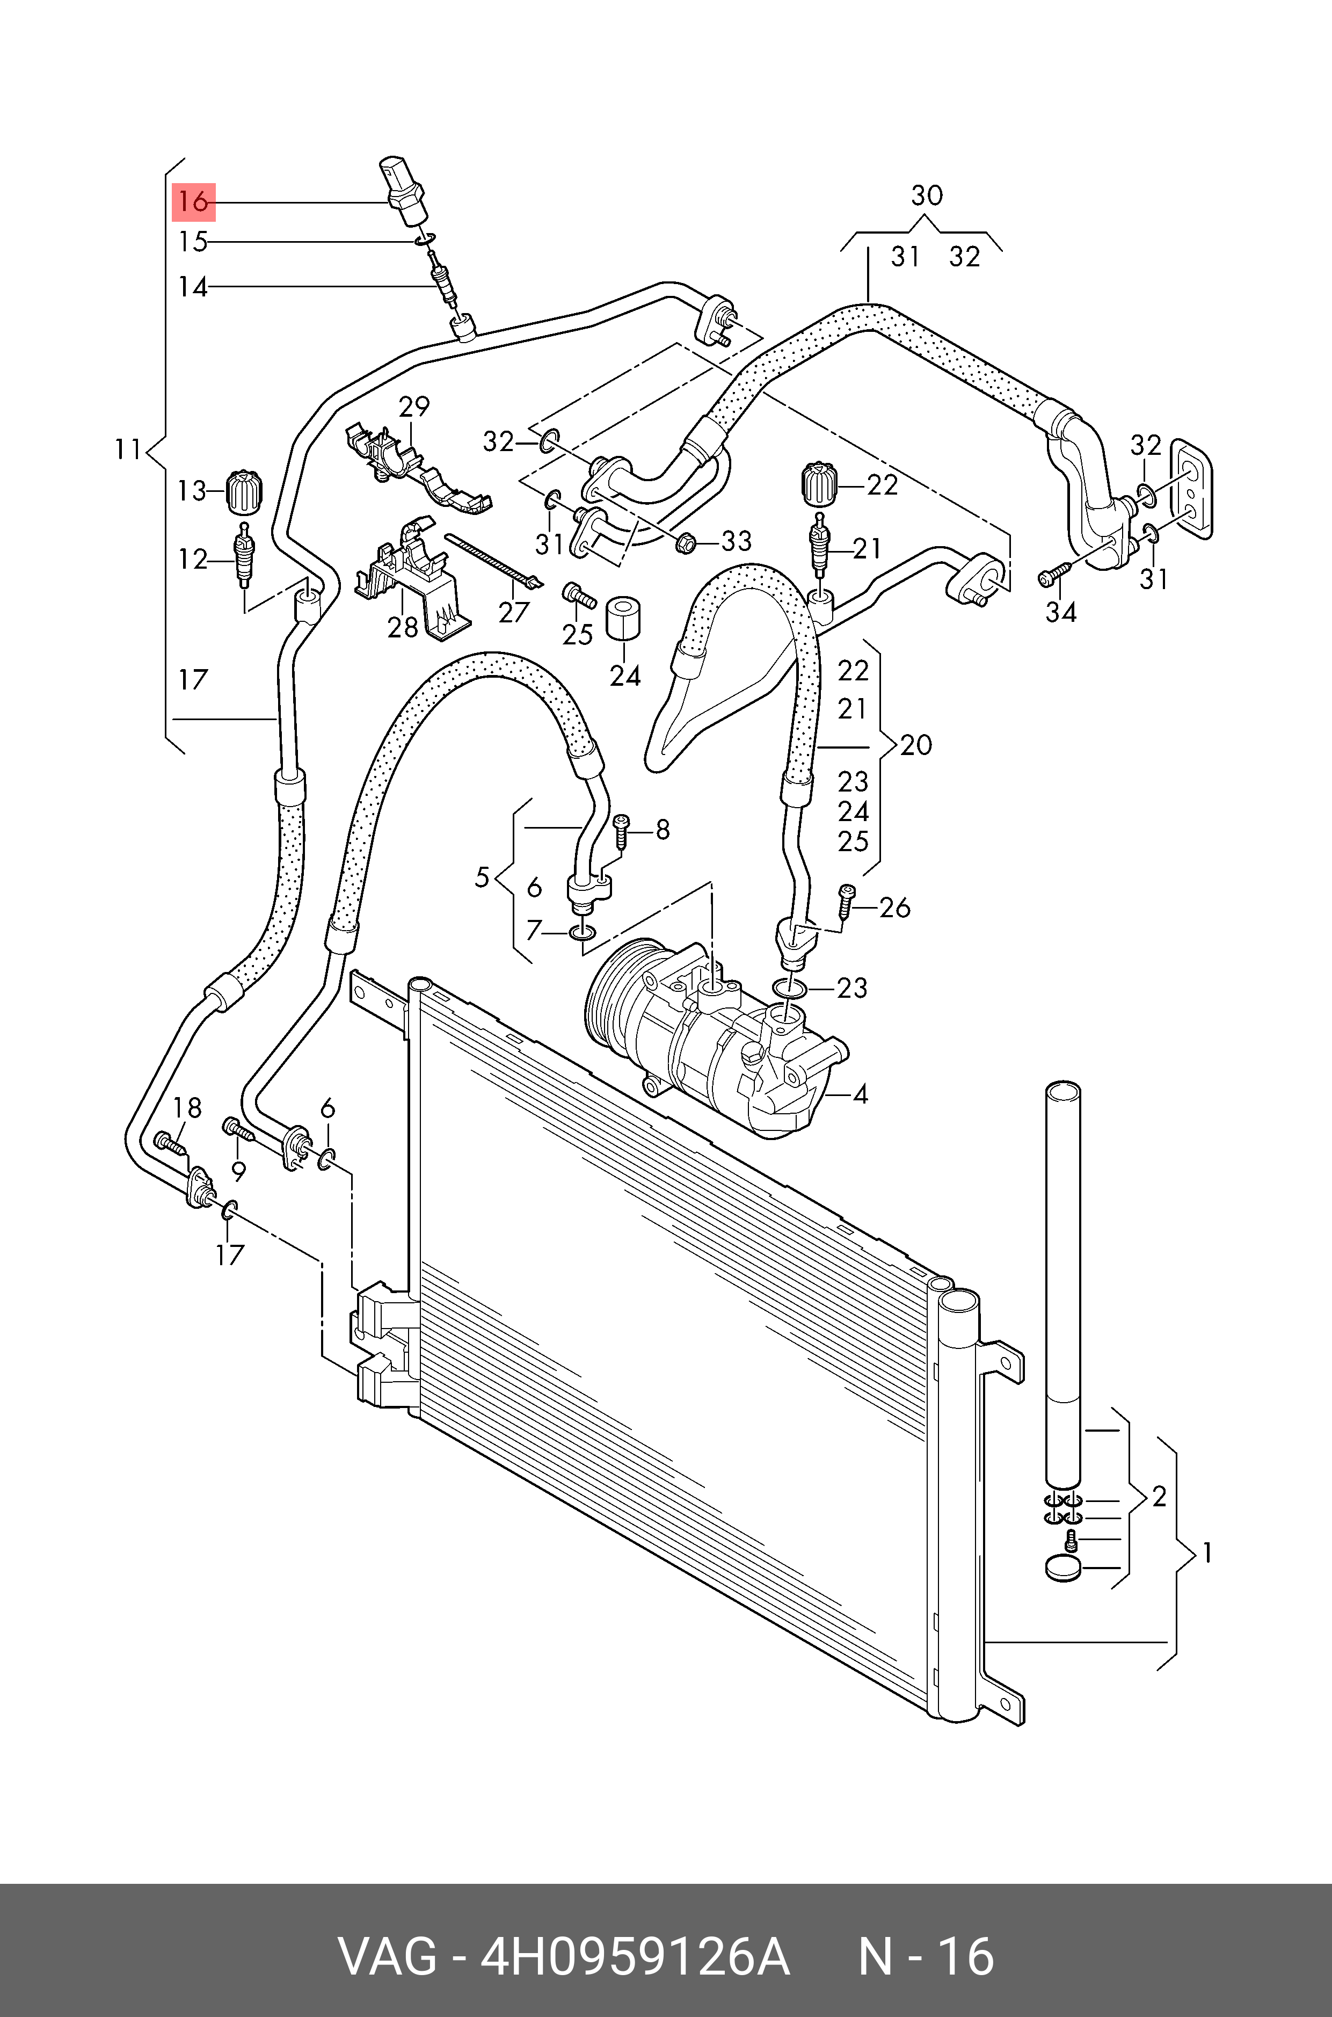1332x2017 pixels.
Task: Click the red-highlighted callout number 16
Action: pyautogui.click(x=194, y=202)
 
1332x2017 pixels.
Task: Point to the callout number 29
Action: pyautogui.click(x=414, y=406)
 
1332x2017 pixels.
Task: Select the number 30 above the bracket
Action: pyautogui.click(x=926, y=196)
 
